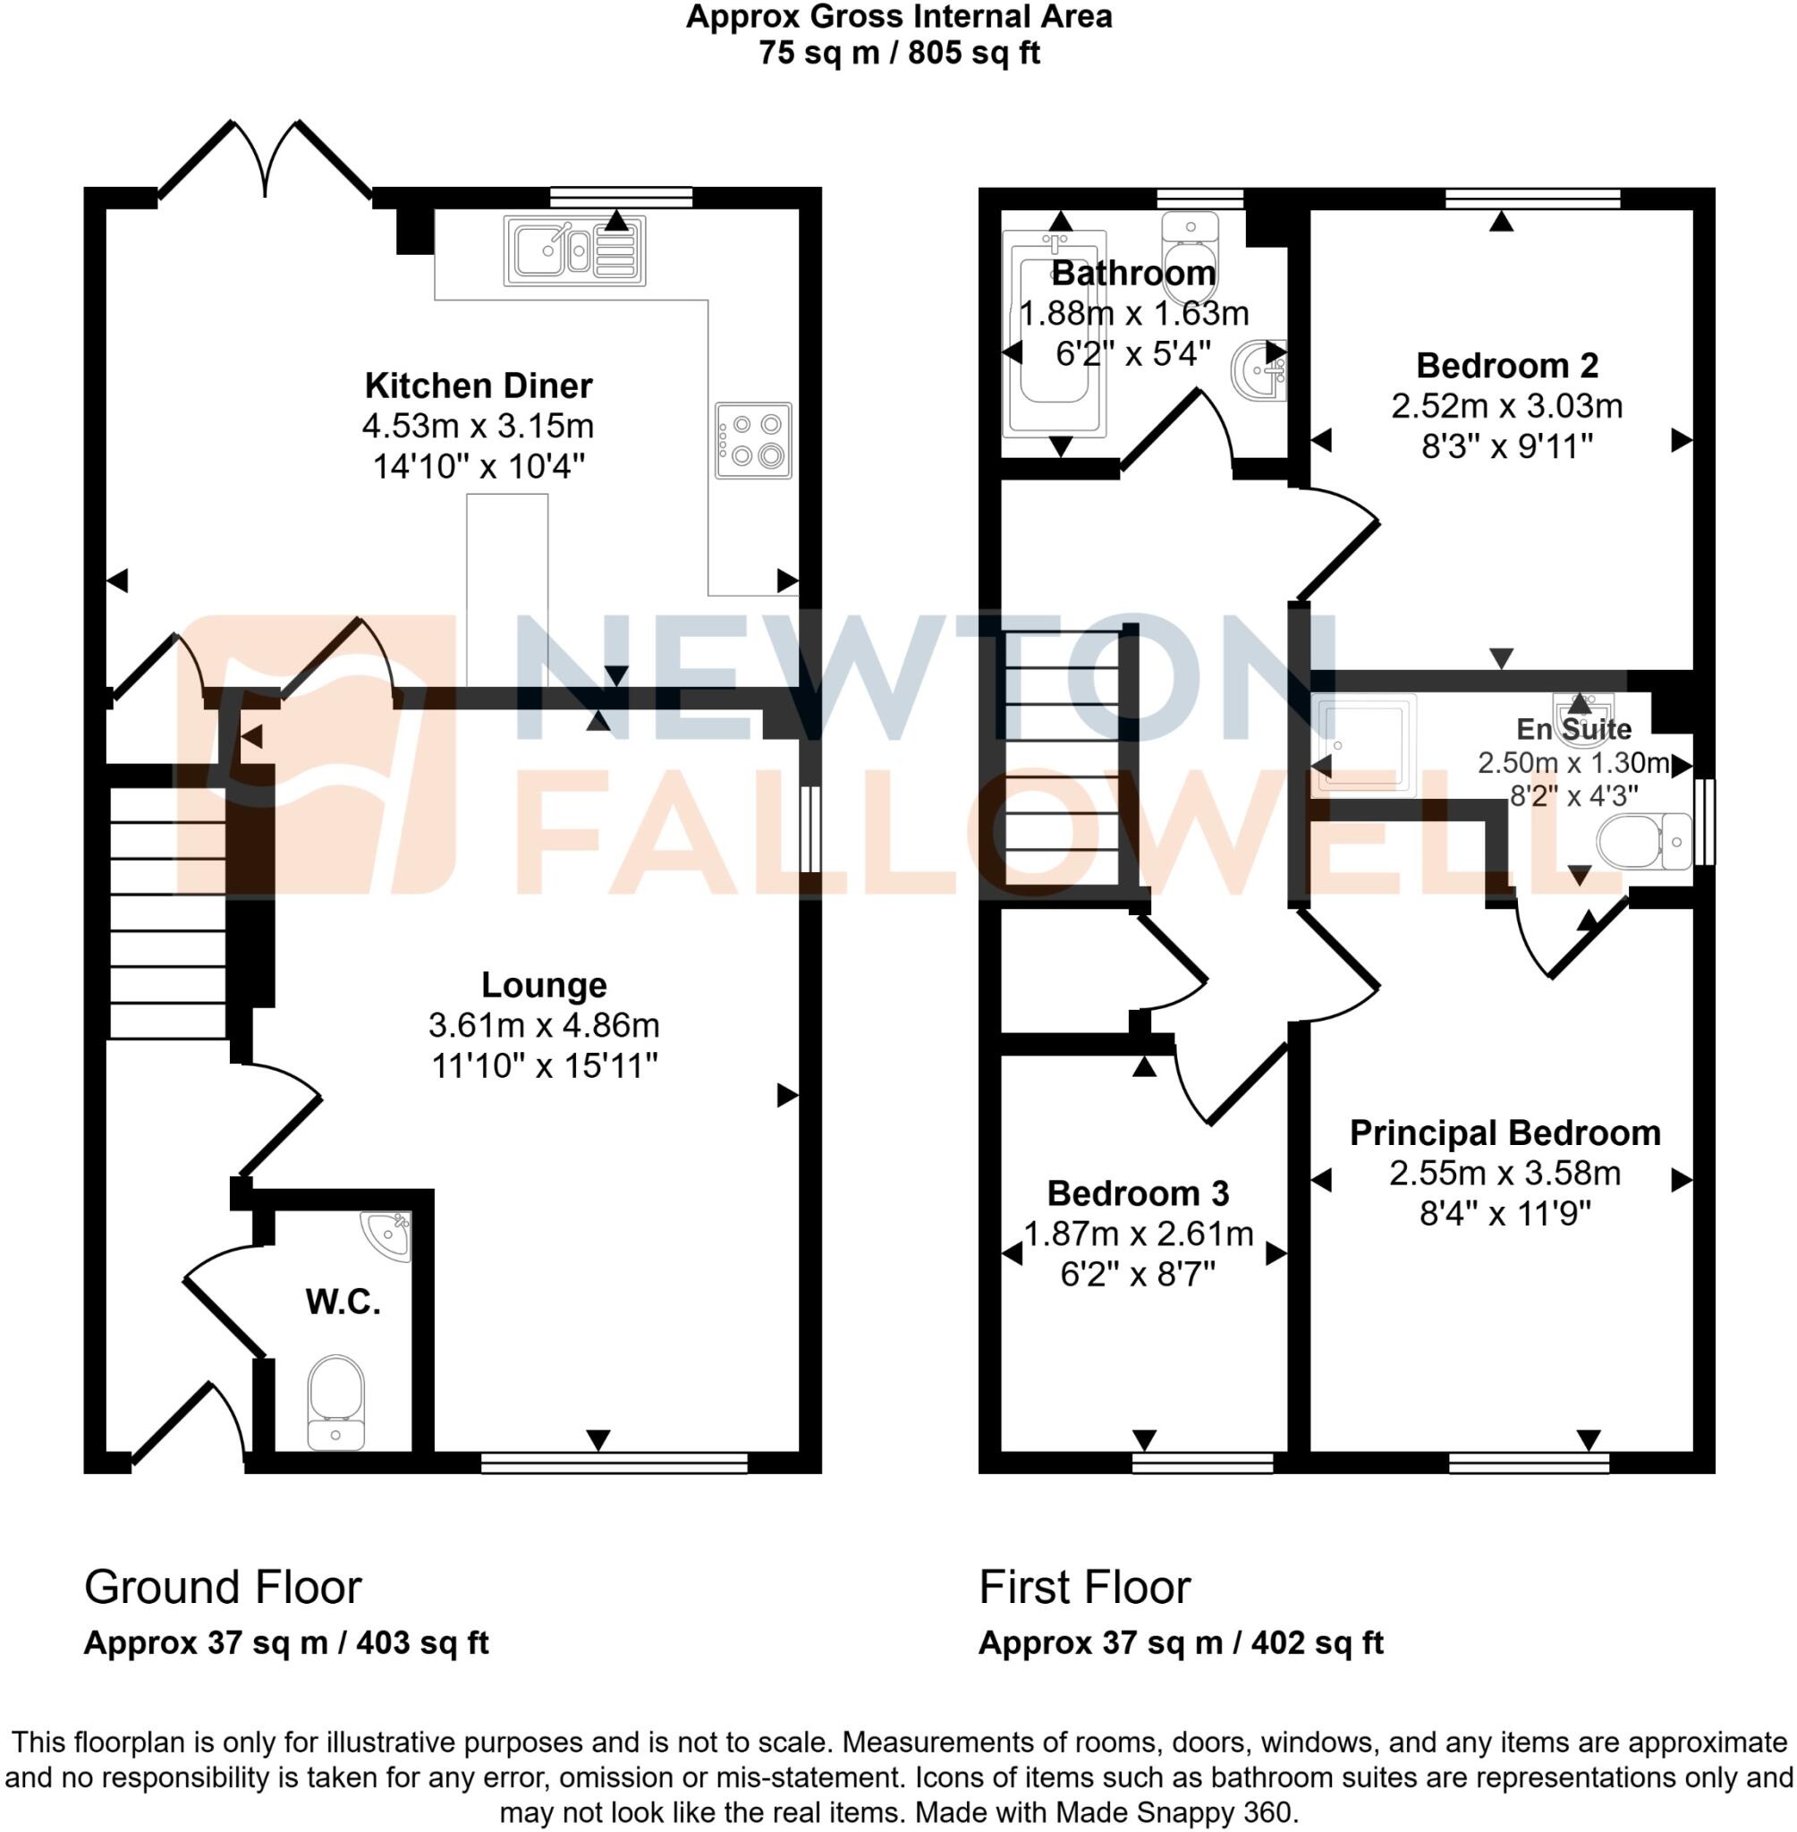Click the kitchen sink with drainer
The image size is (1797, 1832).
pyautogui.click(x=575, y=250)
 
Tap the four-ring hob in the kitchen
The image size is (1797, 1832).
pyautogui.click(x=752, y=441)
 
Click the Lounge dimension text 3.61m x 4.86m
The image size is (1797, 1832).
pyautogui.click(x=544, y=1025)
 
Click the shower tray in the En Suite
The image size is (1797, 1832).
pyautogui.click(x=1366, y=743)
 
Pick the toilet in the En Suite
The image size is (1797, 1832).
pyautogui.click(x=1643, y=840)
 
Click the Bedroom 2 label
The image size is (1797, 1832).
pyautogui.click(x=1506, y=365)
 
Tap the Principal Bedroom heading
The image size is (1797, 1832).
pyautogui.click(x=1505, y=1132)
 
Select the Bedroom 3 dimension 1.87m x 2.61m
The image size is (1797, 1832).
pyautogui.click(x=1139, y=1234)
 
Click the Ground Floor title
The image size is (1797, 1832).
pyautogui.click(x=223, y=1587)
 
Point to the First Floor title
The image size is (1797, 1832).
pyautogui.click(x=1084, y=1587)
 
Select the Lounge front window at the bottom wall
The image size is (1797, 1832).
pyautogui.click(x=614, y=1463)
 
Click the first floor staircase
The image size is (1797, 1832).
pyautogui.click(x=1062, y=759)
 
